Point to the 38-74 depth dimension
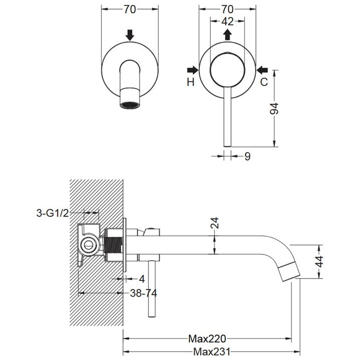[x=142, y=293]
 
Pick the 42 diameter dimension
[x=227, y=21]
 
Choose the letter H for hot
[x=190, y=82]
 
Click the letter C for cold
[x=263, y=82]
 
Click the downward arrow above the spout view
[x=130, y=35]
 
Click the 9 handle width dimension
[x=247, y=156]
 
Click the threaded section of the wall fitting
[x=115, y=245]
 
